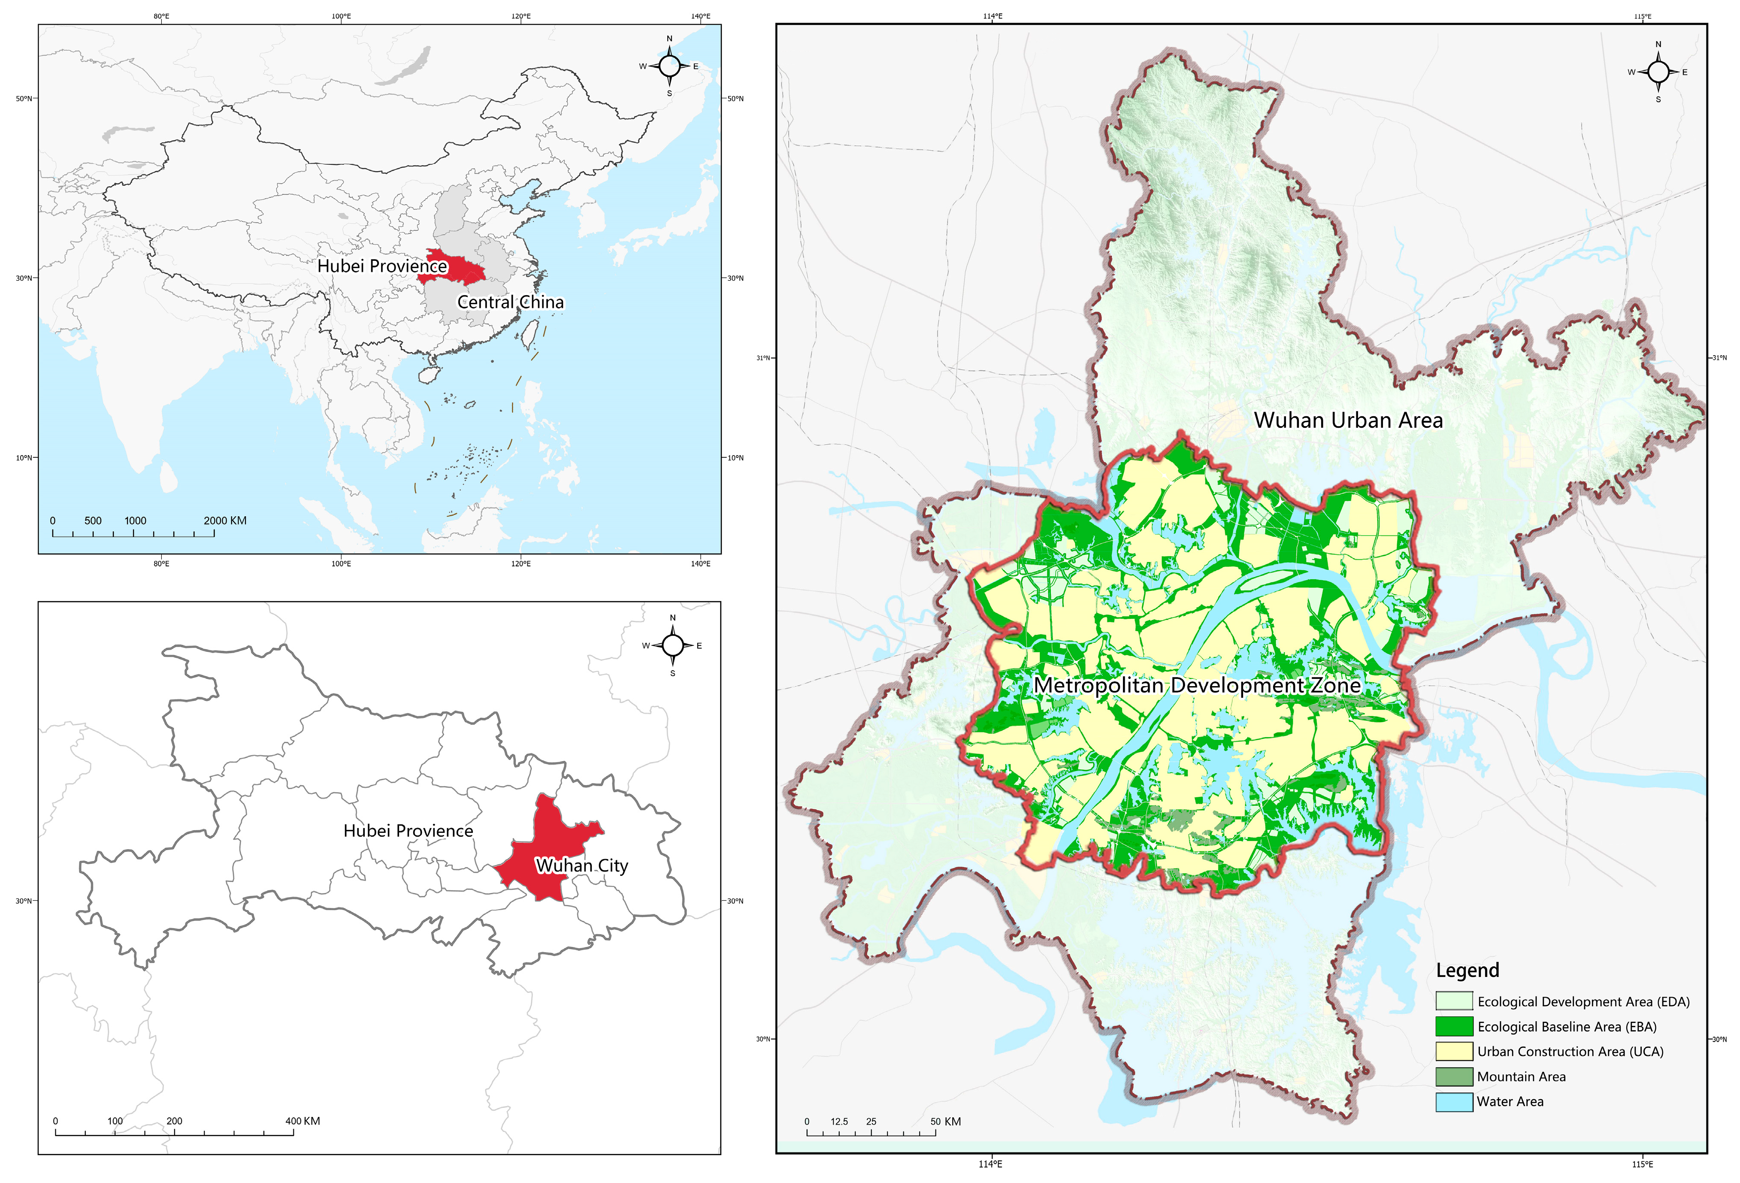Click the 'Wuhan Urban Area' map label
pyautogui.click(x=1348, y=420)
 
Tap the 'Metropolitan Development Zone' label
pyautogui.click(x=1196, y=685)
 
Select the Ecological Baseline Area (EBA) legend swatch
pyautogui.click(x=1454, y=1026)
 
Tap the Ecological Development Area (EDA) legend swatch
pyautogui.click(x=1454, y=1001)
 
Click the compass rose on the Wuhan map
pyautogui.click(x=1658, y=72)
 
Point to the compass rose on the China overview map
pyautogui.click(x=669, y=66)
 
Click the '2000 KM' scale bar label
pyautogui.click(x=224, y=520)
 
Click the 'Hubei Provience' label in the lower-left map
pyautogui.click(x=408, y=831)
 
